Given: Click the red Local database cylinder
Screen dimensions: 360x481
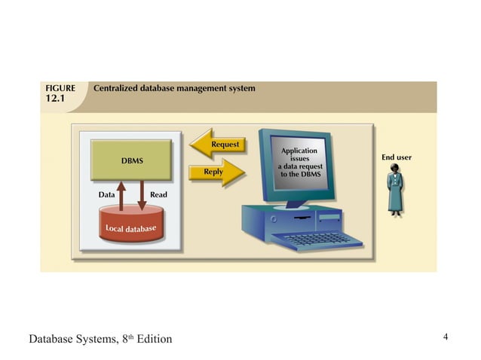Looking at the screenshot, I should (131, 227).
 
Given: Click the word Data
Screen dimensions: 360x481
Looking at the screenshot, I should (106, 195).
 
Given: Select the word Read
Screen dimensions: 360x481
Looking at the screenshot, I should (158, 195).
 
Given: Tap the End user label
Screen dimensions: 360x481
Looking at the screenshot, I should (396, 157).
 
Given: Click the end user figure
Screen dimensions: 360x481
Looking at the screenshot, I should (394, 192).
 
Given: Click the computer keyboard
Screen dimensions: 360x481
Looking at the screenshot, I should (316, 240).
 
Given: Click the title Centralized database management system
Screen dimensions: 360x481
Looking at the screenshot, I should (174, 89).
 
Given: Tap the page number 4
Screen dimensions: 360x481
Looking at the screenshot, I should (446, 336).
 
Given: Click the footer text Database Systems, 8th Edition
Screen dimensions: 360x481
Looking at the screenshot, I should (100, 339).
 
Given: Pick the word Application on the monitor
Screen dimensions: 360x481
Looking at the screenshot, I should (299, 151).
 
